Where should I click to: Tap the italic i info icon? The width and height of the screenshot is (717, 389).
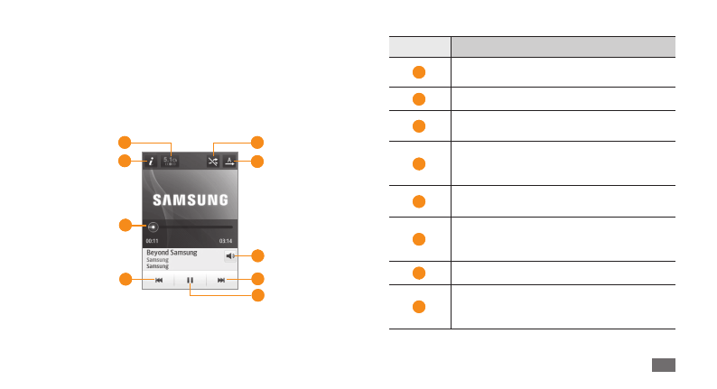[152, 162]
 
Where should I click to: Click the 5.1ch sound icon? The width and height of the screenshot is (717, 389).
[171, 162]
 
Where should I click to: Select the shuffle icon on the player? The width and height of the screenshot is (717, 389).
[212, 162]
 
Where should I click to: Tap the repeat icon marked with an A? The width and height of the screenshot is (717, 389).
[229, 162]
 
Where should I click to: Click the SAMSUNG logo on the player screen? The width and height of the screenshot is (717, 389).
[190, 199]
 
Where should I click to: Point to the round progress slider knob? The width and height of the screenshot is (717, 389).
[154, 227]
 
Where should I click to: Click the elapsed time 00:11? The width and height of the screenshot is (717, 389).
[152, 241]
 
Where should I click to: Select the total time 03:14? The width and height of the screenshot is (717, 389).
[226, 241]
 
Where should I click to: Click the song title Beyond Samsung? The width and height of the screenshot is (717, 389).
[172, 253]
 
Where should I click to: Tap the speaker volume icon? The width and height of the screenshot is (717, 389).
[231, 256]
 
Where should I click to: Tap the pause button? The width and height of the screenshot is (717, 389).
[190, 281]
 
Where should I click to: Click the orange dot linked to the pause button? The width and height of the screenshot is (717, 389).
[257, 295]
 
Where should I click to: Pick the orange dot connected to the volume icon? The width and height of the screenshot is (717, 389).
[257, 255]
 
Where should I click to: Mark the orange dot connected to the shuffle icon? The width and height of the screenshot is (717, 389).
[257, 142]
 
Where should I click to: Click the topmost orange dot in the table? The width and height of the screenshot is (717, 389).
[419, 72]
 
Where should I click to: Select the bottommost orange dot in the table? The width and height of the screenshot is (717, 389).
[419, 307]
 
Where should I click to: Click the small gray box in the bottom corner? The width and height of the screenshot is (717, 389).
[662, 364]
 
